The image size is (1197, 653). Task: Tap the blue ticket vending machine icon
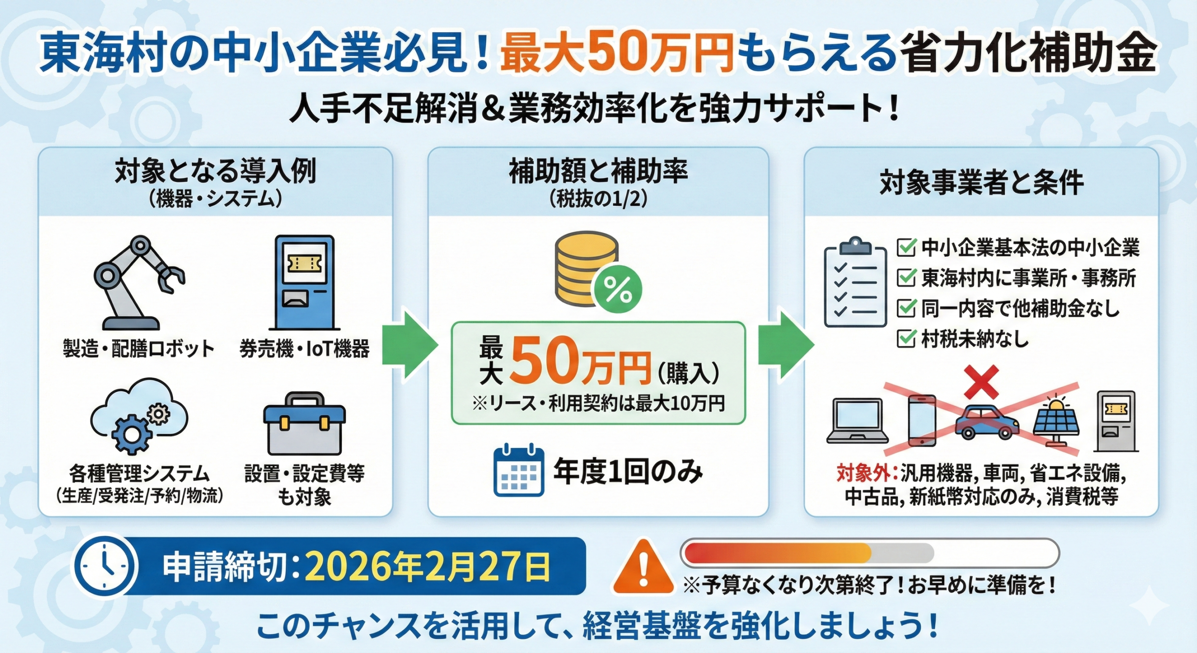click(304, 283)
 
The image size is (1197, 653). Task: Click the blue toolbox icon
click(304, 424)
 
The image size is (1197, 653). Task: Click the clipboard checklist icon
click(855, 283)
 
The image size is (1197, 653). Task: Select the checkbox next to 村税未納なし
click(906, 339)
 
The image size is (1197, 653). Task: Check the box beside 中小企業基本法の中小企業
click(906, 247)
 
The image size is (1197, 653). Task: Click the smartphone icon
click(922, 420)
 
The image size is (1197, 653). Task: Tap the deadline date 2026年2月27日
click(427, 567)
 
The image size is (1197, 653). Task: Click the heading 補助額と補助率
click(598, 171)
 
